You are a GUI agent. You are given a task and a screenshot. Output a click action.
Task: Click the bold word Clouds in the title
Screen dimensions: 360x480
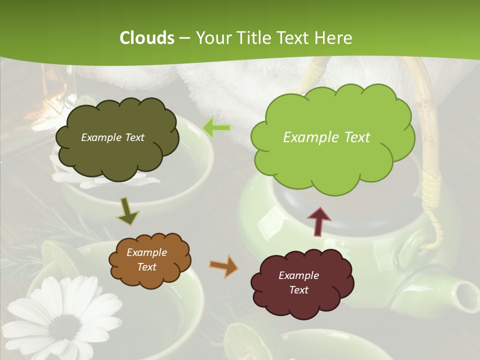pos(147,37)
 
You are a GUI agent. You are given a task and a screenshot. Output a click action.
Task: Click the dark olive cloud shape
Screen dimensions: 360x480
pos(116,137)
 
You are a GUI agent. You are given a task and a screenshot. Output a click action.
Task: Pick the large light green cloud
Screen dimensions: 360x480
pos(332,137)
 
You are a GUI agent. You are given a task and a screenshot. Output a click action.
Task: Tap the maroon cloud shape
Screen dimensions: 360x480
pos(302,282)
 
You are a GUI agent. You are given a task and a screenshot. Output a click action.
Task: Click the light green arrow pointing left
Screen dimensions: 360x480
pos(216,128)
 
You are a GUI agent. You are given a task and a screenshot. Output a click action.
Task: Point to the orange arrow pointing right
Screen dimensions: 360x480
pos(224,266)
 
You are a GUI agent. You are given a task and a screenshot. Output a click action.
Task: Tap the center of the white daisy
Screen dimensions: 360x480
pos(65,327)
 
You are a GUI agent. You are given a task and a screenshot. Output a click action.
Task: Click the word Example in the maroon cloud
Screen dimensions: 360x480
pos(298,275)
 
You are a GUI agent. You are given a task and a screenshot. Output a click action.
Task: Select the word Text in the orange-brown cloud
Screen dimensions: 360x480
pos(146,267)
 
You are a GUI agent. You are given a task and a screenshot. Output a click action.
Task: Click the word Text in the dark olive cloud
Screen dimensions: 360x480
pos(134,137)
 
